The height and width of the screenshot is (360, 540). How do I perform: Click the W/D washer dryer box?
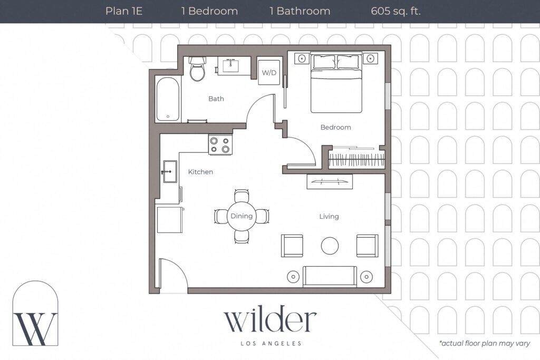click(x=269, y=72)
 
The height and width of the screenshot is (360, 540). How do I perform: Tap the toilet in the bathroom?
click(x=197, y=69)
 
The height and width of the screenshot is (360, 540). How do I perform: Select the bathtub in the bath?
click(x=168, y=99)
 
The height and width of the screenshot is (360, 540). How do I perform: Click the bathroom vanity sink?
click(x=231, y=65)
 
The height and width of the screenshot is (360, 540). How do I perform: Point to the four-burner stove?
click(x=220, y=144)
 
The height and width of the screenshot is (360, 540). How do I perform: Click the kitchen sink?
click(x=169, y=171)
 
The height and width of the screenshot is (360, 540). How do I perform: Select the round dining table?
click(x=242, y=216)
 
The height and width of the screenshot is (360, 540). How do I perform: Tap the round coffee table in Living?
click(x=330, y=246)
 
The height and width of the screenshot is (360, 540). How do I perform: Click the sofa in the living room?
click(x=330, y=276)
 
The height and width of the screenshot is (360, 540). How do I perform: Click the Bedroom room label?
click(x=336, y=128)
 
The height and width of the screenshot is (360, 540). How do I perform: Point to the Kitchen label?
click(x=200, y=172)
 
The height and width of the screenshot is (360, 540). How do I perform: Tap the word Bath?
click(x=216, y=99)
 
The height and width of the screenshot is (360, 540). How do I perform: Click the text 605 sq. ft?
click(x=396, y=12)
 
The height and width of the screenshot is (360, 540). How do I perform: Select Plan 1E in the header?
click(x=124, y=11)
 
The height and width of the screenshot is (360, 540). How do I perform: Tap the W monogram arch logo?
click(x=35, y=313)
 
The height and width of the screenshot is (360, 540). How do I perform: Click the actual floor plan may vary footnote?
click(x=485, y=343)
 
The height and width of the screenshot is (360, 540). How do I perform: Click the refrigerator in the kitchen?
click(x=169, y=219)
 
